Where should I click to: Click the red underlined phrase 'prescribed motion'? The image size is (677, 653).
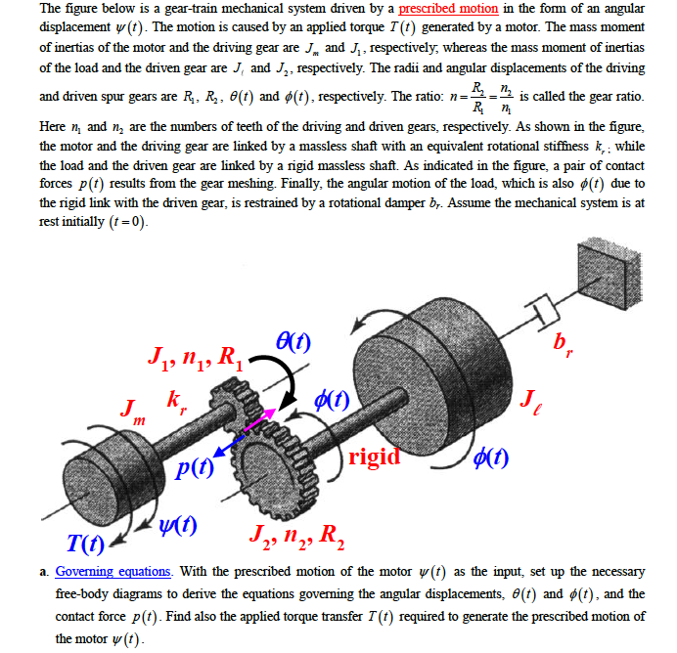point(448,10)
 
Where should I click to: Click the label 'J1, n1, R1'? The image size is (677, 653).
point(191,348)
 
